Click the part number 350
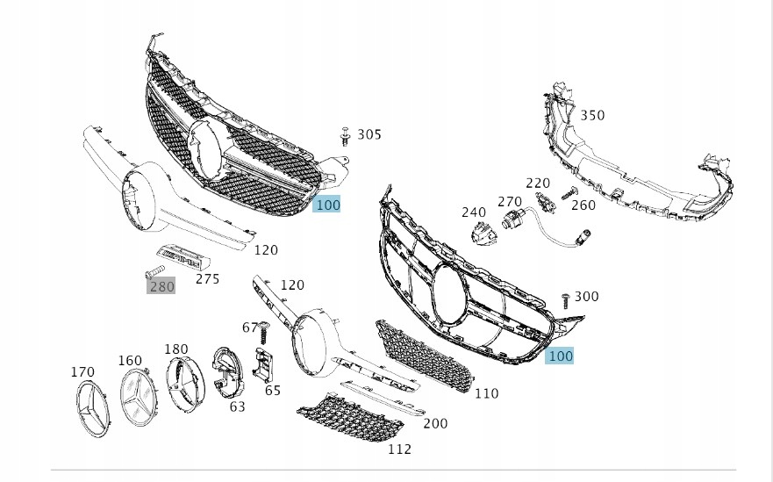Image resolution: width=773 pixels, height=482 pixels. tap(592, 115)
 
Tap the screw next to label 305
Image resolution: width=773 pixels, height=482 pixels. tap(346, 135)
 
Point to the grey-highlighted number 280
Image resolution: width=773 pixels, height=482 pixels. tap(161, 285)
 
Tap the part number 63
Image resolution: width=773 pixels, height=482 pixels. tap(238, 406)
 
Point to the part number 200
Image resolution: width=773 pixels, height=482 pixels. tap(435, 423)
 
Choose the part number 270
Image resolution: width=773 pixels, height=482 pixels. tap(510, 202)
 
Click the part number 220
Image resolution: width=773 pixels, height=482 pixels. tap(537, 183)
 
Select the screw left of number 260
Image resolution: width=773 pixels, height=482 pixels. tap(568, 194)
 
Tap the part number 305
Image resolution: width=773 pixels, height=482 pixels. tap(369, 134)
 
